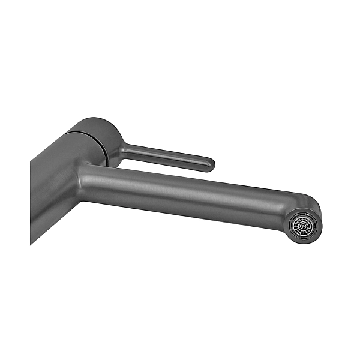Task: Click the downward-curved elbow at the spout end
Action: pyautogui.click(x=309, y=207)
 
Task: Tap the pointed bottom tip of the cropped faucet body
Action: pyautogui.click(x=31, y=243)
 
